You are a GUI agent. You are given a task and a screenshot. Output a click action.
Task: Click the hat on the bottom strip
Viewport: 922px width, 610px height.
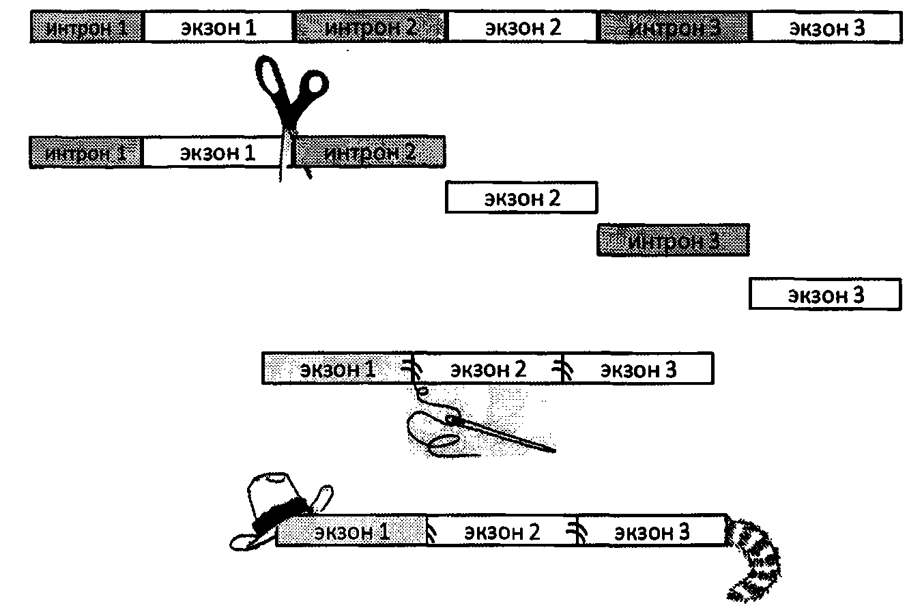pos(276,508)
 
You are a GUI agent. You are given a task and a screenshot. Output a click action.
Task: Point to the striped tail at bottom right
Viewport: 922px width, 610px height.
pos(754,560)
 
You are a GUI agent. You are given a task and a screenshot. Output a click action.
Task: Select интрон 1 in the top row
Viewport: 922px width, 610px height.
pos(87,28)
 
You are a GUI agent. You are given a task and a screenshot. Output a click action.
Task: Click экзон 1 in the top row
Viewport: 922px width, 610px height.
pos(219,28)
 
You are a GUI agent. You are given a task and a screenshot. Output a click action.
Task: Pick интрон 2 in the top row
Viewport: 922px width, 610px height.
pos(371,28)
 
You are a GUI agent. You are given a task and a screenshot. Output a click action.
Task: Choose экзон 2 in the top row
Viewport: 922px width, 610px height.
pos(523,28)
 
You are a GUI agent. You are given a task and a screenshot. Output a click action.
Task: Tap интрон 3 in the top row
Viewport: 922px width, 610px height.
pos(675,28)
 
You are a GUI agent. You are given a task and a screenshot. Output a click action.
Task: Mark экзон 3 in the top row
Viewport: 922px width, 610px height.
pos(826,28)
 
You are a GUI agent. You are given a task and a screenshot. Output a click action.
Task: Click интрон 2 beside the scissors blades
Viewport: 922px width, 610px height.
pos(369,151)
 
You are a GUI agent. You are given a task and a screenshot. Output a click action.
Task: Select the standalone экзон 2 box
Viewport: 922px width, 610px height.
pos(521,198)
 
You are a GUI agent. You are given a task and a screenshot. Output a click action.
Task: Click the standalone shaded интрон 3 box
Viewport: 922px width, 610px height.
pos(674,240)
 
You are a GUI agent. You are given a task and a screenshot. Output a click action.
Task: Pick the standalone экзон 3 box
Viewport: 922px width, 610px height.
pos(825,295)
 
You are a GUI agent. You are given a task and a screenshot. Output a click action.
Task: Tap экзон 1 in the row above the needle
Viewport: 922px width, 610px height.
pos(338,369)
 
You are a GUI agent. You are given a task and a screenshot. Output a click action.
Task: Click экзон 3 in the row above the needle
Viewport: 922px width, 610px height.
pos(638,369)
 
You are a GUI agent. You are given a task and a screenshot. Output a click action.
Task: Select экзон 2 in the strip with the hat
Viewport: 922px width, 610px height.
pos(502,532)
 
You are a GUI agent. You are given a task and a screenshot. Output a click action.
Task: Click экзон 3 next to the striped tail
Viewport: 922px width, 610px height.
pos(652,532)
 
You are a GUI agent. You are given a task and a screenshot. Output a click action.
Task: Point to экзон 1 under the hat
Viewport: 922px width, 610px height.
pos(351,532)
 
